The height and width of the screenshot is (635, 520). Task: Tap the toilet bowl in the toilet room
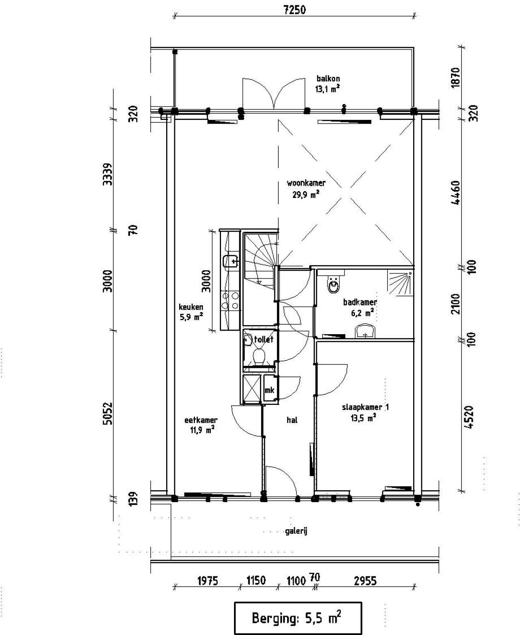259,356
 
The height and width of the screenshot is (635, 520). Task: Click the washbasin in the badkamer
366,331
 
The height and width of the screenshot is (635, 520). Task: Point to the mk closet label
269,390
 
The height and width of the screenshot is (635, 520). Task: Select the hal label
292,420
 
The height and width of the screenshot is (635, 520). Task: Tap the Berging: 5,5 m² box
297,618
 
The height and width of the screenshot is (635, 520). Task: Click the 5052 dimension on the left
107,413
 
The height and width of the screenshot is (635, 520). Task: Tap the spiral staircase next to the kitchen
260,260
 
